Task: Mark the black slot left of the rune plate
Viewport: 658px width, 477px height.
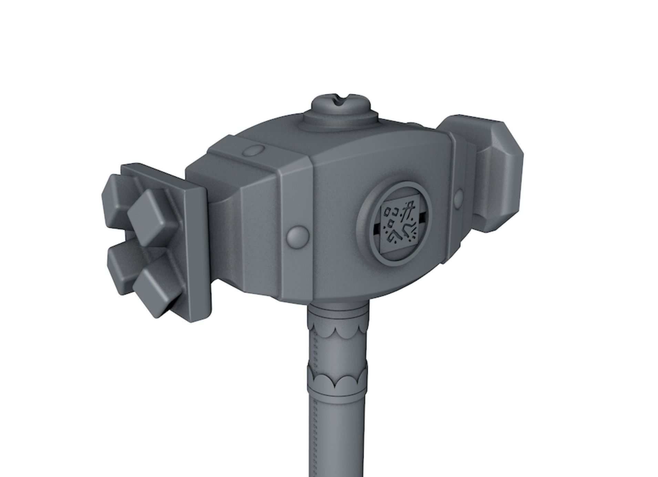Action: (x=377, y=227)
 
